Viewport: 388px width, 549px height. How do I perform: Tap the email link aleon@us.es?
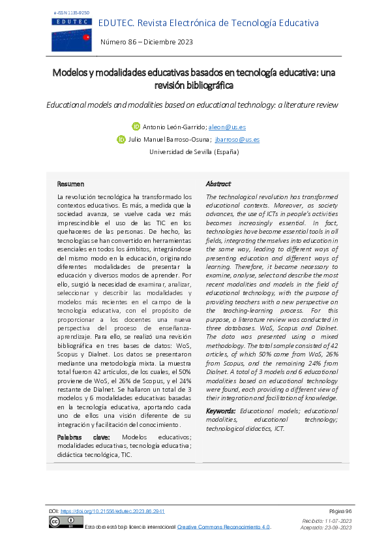pos(228,127)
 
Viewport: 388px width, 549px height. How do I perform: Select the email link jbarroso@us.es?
pos(238,139)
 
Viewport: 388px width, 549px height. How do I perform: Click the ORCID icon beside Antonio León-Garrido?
pos(136,127)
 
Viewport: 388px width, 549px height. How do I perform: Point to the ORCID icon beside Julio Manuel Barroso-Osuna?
pos(121,139)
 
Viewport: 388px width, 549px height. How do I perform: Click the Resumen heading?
pos(70,184)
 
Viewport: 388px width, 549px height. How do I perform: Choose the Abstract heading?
pos(218,184)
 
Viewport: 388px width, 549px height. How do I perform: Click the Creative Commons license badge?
pos(65,522)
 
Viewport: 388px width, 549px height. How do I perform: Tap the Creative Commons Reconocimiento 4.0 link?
pos(224,527)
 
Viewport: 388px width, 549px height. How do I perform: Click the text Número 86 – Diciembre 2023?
pos(147,42)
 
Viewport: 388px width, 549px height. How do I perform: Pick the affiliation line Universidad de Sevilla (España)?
pos(194,151)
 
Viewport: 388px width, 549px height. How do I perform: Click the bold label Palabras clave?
pos(83,437)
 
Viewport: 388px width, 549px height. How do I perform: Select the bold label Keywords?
pos(220,411)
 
